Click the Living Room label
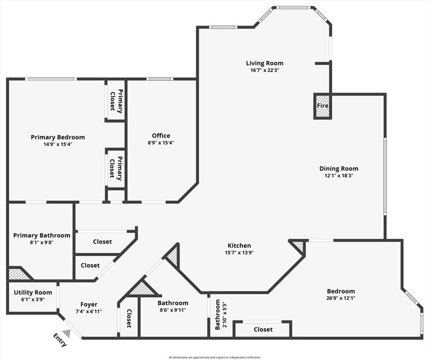(265, 63)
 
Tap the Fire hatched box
(323, 106)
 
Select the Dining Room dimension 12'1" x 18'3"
(339, 176)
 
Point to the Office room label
(161, 136)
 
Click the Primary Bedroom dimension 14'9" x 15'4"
(58, 144)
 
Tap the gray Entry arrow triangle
(67, 333)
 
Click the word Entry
(59, 340)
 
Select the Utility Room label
(33, 293)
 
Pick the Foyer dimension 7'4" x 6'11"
(89, 311)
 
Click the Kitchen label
(239, 245)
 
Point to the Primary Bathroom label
(41, 235)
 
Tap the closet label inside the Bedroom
(263, 329)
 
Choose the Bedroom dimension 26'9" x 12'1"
(341, 298)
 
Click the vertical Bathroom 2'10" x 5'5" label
(220, 314)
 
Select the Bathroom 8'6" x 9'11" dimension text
(173, 310)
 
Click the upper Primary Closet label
(116, 101)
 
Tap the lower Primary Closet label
(116, 168)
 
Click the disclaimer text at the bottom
(214, 357)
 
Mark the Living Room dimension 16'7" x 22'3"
(265, 70)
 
